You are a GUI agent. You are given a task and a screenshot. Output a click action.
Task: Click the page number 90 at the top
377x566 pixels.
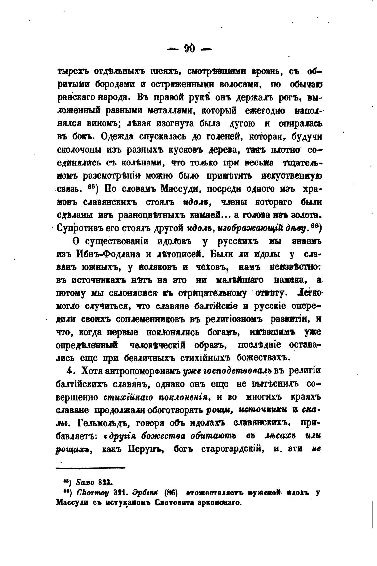(x=189, y=49)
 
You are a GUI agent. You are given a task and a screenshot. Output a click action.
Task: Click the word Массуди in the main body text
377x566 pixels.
(x=179, y=189)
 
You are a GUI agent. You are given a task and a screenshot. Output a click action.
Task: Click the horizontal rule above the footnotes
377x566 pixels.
(x=90, y=467)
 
